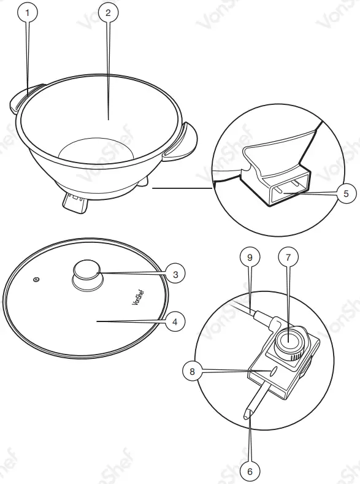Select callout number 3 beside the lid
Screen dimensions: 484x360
(175, 274)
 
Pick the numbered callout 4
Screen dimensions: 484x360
(175, 321)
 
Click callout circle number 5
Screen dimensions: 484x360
(346, 193)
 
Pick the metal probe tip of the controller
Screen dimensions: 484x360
(247, 415)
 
